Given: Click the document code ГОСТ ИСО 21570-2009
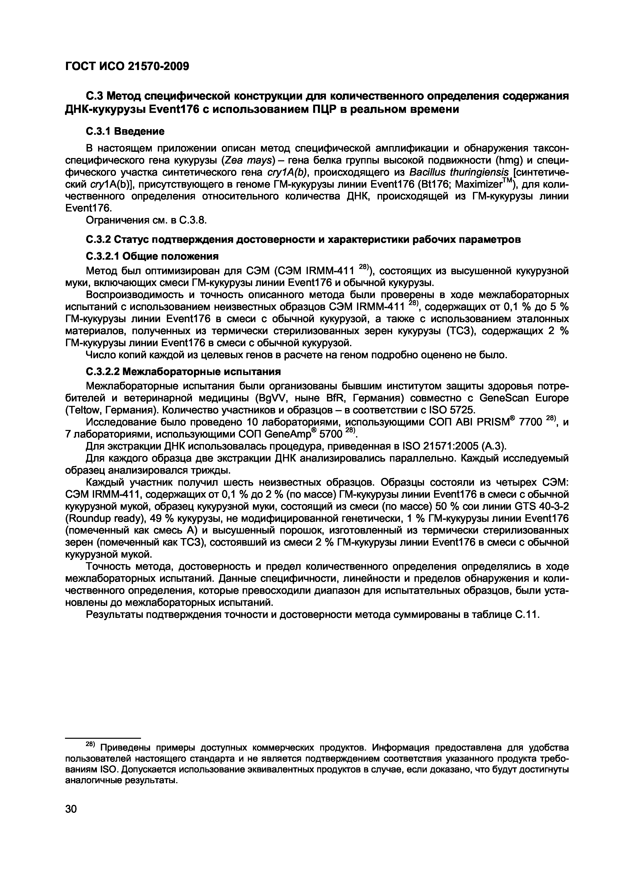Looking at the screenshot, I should pos(127,66).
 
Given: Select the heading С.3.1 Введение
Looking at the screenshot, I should pos(124,131).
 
